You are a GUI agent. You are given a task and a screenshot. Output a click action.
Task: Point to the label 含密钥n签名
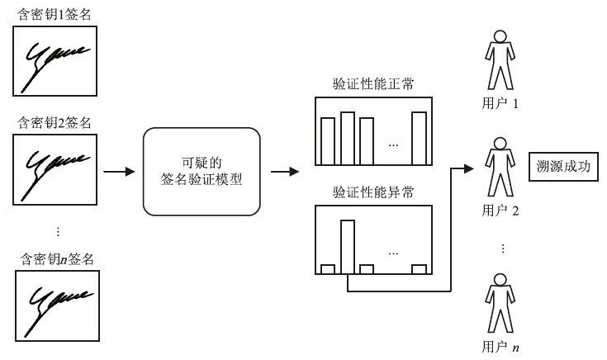coord(57,258)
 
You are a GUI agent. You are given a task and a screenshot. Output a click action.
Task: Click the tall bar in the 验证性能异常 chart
coord(348,246)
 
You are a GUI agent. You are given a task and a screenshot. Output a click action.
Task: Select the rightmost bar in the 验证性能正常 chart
coord(420,138)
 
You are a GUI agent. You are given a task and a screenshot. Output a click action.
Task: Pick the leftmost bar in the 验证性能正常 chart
coord(328,141)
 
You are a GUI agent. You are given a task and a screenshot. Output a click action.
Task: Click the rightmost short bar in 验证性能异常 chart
coord(419,268)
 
